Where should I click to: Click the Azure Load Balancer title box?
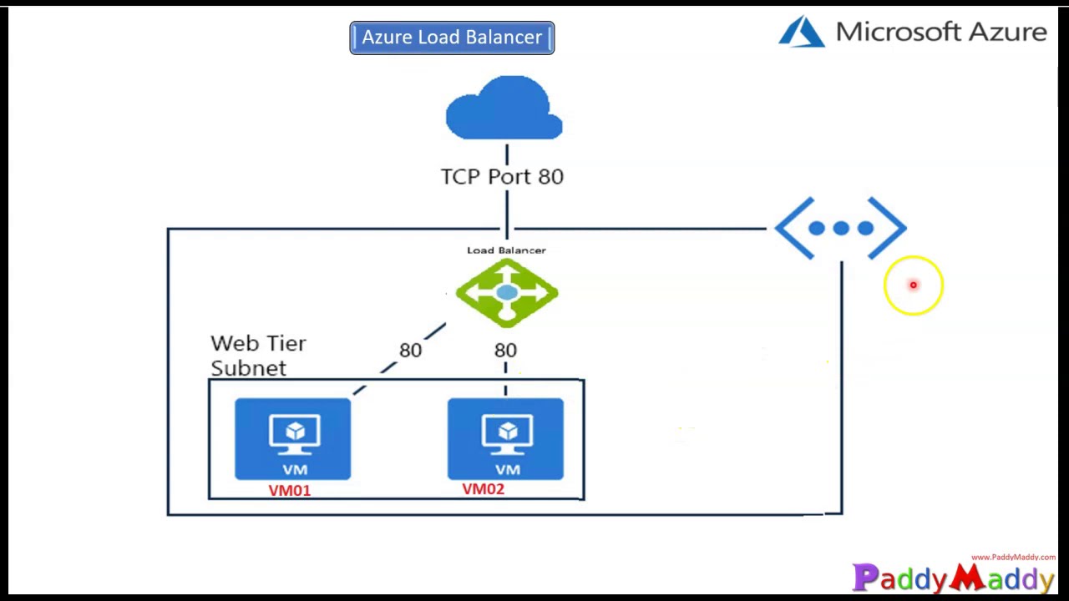tap(452, 38)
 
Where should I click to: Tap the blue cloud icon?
tap(504, 109)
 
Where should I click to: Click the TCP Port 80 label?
tap(502, 177)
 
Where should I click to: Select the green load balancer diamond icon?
tap(507, 293)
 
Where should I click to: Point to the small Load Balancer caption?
tap(506, 250)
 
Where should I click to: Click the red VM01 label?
tap(289, 491)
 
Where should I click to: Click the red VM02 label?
tap(483, 489)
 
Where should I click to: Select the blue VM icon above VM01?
tap(293, 439)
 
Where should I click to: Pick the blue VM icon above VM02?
tap(505, 439)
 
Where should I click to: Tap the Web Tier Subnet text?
tap(258, 356)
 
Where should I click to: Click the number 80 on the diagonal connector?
tap(410, 351)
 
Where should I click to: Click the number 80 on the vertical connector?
tap(505, 351)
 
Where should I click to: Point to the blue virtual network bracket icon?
tap(840, 228)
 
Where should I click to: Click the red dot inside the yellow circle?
tap(913, 285)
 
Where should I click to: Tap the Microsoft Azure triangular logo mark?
tap(802, 32)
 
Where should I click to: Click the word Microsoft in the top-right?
tap(894, 32)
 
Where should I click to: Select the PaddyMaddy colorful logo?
tap(953, 578)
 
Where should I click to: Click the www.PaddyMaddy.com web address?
tap(1012, 557)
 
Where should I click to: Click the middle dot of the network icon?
tap(840, 228)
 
